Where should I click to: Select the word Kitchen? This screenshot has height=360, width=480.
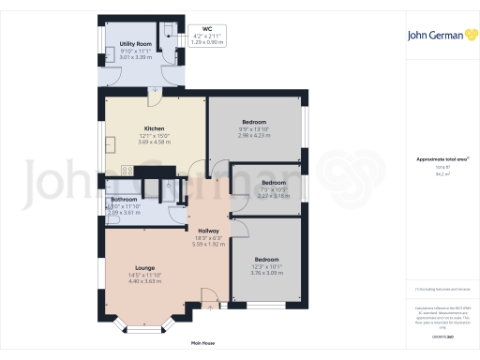point(155,128)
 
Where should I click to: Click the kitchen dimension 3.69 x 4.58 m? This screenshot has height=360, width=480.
point(155,142)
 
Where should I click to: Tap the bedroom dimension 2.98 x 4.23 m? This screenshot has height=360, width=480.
point(254,135)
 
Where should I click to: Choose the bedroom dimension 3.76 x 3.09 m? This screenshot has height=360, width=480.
point(266,273)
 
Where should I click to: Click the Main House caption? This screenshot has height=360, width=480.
point(202,343)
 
